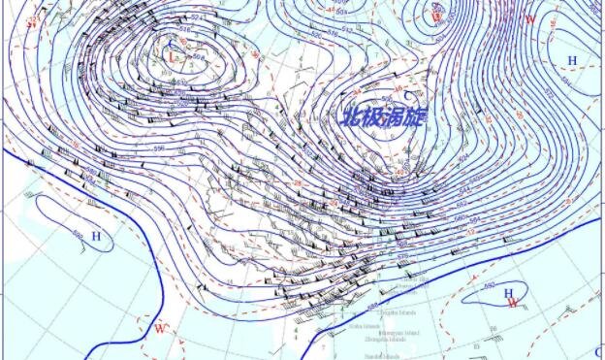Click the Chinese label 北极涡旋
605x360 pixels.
pos(383,116)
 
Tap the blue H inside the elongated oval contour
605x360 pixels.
pos(96,236)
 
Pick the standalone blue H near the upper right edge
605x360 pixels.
pos(572,60)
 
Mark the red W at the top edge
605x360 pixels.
pos(530,18)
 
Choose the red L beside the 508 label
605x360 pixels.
pos(173,58)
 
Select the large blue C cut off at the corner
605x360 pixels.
pos(598,352)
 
